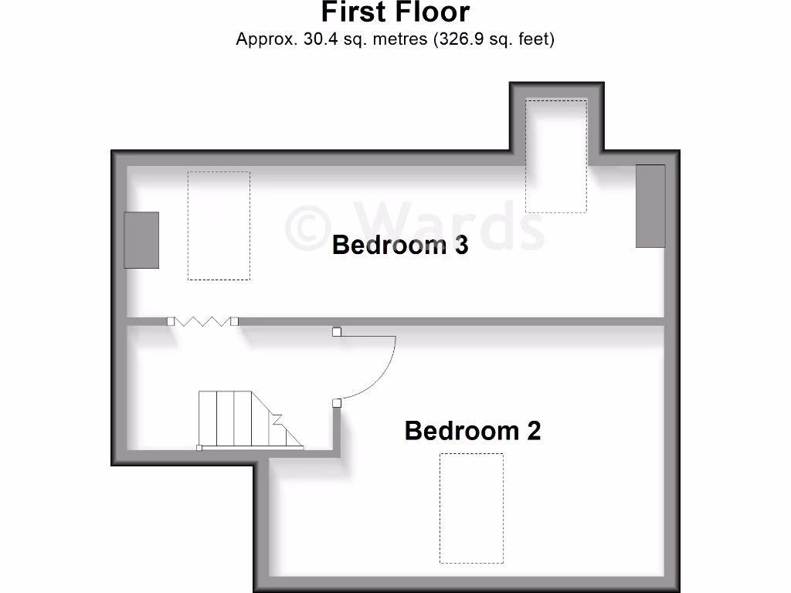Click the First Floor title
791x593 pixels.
tap(395, 12)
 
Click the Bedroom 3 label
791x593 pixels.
tap(399, 246)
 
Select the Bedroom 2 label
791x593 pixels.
tap(472, 430)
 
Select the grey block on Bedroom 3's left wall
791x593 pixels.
tap(142, 240)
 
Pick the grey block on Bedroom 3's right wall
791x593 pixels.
tap(650, 206)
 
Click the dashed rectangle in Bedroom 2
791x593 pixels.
tap(471, 507)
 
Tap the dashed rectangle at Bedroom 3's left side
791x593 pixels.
tap(219, 225)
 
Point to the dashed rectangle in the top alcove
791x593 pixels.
tap(556, 155)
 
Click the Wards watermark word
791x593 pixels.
tap(448, 225)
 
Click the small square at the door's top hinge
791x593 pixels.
tap(337, 333)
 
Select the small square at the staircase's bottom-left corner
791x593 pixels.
tap(199, 448)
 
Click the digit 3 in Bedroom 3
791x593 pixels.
tap(460, 246)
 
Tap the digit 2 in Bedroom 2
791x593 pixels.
tap(533, 430)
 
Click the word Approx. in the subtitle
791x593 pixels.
tap(263, 39)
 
